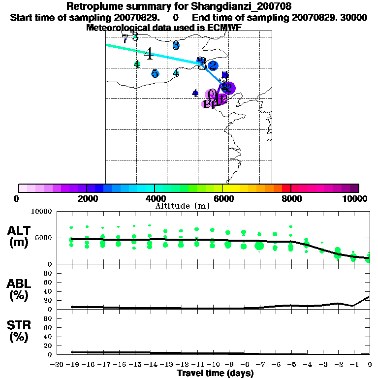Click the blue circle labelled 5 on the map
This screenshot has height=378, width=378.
[155, 74]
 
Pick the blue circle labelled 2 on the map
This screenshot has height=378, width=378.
[213, 65]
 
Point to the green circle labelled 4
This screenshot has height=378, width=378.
[137, 64]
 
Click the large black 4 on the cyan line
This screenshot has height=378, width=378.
[148, 54]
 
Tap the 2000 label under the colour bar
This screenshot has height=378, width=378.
[86, 198]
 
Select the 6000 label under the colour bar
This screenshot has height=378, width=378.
[222, 198]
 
